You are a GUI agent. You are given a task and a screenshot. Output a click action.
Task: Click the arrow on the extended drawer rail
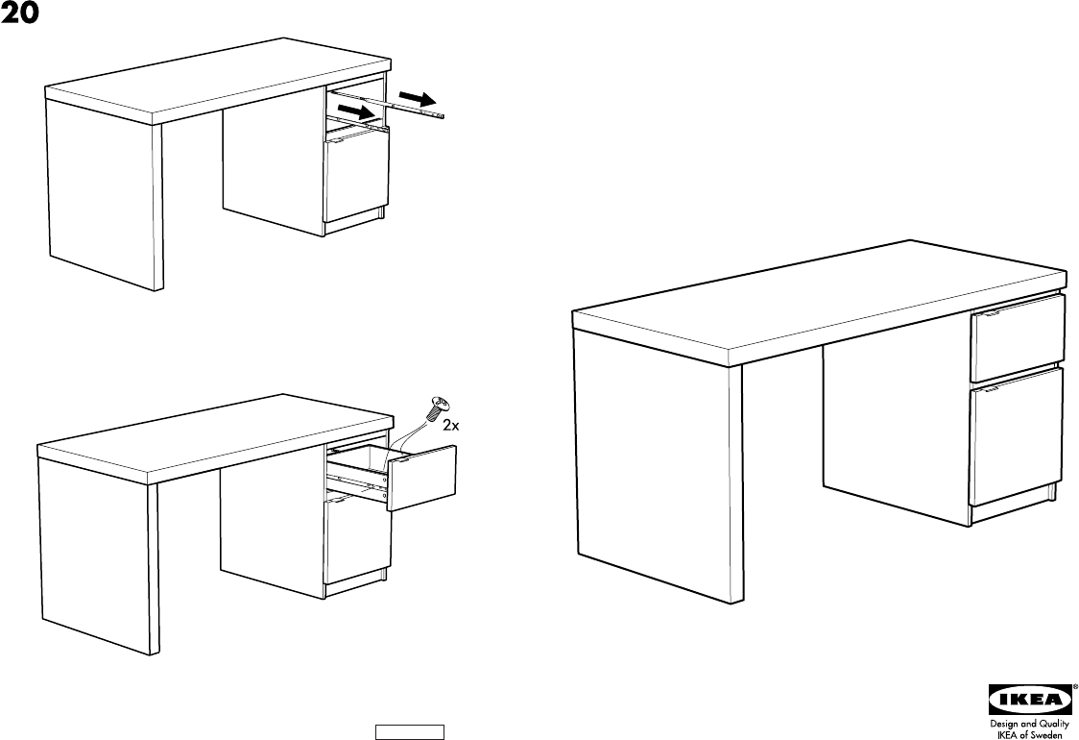pos(417,99)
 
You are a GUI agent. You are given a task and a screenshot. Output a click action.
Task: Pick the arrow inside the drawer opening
pos(355,112)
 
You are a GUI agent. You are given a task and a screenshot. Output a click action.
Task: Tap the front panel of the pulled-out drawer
pos(422,478)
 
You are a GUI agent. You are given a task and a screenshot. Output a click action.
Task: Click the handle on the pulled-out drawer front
pos(405,461)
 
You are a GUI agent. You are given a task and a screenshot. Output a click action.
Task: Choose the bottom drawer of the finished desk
pos(1017,437)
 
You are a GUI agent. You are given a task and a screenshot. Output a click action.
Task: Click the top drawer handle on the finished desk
pos(988,312)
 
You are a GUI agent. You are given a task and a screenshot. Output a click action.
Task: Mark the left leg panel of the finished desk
pos(658,461)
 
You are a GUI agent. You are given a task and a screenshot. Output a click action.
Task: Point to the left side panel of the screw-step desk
pos(93,548)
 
